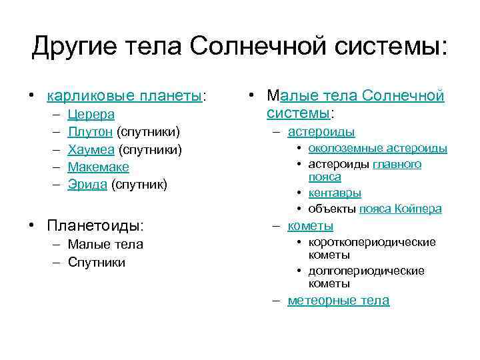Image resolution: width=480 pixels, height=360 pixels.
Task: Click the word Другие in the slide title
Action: point(73,46)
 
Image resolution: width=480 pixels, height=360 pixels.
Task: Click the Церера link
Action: point(91,115)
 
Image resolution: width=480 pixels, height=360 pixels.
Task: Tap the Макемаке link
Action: point(98,167)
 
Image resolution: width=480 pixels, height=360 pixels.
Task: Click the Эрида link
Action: point(87,184)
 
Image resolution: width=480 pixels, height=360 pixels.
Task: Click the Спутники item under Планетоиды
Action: point(97,262)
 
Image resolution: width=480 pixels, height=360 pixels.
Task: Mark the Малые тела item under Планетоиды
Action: point(105,245)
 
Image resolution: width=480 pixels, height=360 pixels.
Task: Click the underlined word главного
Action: point(397,164)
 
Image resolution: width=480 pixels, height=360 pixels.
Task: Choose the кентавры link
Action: point(335,193)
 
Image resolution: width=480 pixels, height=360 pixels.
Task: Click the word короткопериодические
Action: point(372,242)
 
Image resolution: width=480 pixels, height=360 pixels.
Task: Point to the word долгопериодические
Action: point(366,271)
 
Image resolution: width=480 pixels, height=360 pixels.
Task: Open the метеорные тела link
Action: point(338,301)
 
